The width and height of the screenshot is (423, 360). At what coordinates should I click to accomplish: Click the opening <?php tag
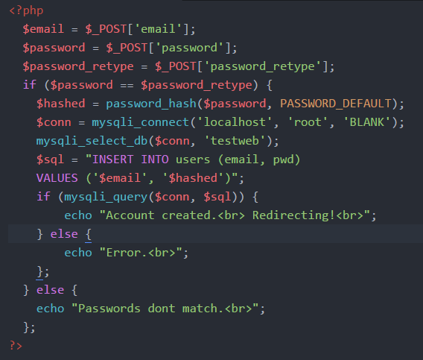(26, 11)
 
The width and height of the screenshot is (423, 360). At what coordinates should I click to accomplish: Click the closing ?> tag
(16, 346)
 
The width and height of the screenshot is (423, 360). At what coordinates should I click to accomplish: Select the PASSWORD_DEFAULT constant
(336, 104)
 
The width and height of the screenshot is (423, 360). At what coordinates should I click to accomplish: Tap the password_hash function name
(151, 104)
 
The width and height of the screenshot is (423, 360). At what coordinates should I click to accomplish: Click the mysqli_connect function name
(140, 122)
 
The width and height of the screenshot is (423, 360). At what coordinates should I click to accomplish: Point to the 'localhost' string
(235, 122)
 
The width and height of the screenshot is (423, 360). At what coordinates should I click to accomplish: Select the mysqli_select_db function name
(92, 142)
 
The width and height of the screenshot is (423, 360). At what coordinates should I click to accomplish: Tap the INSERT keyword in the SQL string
(112, 160)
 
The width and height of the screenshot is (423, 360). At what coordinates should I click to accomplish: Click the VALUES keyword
(57, 178)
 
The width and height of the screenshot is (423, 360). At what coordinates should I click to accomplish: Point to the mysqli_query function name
(106, 198)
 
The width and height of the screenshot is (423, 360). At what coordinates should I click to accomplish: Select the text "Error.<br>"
(141, 253)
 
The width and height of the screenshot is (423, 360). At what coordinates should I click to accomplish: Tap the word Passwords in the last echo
(109, 309)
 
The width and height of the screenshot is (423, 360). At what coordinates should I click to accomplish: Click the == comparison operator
(127, 85)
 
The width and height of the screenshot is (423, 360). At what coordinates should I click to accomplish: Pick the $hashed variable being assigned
(61, 104)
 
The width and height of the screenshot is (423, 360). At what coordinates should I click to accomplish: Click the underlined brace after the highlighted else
(89, 235)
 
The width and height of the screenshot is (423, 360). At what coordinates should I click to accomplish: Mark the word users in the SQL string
(193, 160)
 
